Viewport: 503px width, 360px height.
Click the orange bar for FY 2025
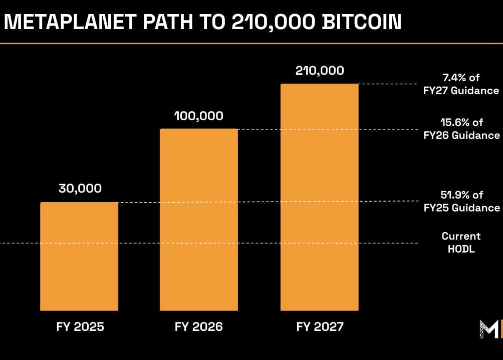(79, 256)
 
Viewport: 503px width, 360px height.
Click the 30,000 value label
(80, 189)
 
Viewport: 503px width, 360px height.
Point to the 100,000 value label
(198, 116)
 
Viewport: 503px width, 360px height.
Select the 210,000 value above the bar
(320, 71)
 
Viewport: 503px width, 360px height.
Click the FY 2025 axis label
(80, 327)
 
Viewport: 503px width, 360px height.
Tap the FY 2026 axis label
(198, 327)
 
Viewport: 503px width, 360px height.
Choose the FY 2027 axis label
(320, 327)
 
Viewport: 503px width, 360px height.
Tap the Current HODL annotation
(461, 242)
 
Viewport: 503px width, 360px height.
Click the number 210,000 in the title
(272, 22)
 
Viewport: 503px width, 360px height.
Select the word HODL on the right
(461, 248)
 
